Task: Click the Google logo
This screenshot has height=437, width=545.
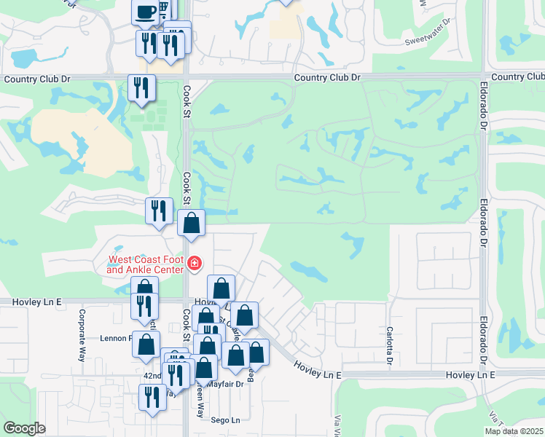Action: click(x=25, y=428)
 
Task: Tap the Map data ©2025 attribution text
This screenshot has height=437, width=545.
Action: click(x=514, y=431)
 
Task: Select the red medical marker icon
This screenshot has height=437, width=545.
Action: click(x=195, y=263)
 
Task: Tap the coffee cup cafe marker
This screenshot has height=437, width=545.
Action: click(x=144, y=11)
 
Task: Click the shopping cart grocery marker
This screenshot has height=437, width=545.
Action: click(x=165, y=9)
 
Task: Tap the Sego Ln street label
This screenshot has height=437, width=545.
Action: click(x=224, y=420)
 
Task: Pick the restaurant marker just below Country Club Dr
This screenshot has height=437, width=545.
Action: click(x=140, y=88)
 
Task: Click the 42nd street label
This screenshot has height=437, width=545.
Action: click(x=152, y=375)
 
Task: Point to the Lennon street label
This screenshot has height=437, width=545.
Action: click(x=120, y=338)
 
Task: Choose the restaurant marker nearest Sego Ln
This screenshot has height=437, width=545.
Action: click(x=152, y=397)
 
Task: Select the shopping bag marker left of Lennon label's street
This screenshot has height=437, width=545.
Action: click(x=146, y=344)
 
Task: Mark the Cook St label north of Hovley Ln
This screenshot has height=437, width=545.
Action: click(x=187, y=188)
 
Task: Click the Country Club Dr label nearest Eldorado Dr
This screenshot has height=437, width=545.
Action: click(x=517, y=76)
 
